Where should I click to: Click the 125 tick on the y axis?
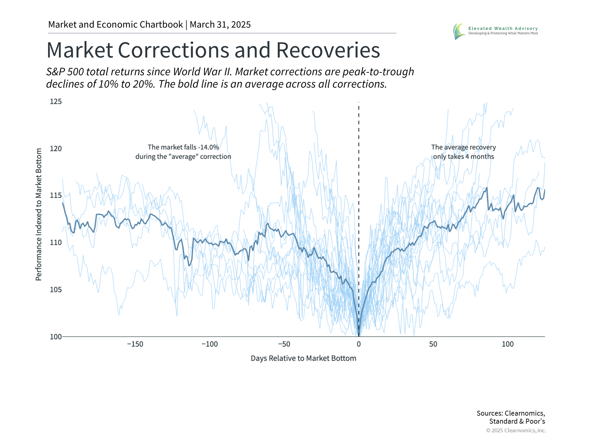(x=56, y=101)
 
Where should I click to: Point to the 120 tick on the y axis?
(x=56, y=149)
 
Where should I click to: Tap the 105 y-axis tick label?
(x=56, y=290)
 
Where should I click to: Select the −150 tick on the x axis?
(x=135, y=344)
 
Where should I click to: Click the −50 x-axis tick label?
(x=284, y=344)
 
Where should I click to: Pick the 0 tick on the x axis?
(x=359, y=344)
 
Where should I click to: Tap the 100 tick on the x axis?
(x=508, y=344)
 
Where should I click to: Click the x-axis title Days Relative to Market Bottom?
(x=303, y=358)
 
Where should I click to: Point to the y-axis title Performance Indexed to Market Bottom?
(x=39, y=214)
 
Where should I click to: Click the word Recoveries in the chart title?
(x=328, y=50)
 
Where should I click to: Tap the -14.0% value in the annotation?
(x=208, y=147)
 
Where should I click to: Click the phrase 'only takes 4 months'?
(x=463, y=157)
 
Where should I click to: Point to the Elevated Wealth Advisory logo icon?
(x=459, y=31)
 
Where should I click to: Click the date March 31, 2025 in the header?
(x=220, y=25)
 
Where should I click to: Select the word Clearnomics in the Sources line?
(x=524, y=413)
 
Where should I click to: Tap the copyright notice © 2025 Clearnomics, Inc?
(x=516, y=430)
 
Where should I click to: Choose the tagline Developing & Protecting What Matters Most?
(x=503, y=33)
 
